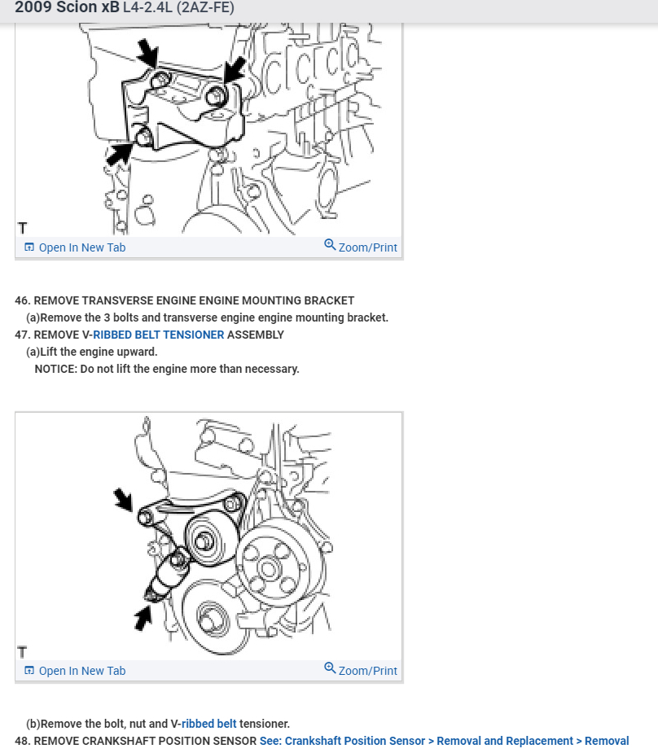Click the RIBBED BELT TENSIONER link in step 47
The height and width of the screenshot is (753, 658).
point(159,335)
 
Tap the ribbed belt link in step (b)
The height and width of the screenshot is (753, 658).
point(209,724)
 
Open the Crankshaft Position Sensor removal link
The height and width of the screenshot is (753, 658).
point(445,741)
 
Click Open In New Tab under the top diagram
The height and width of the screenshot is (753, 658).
point(75,247)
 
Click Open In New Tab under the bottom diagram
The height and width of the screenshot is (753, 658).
point(75,671)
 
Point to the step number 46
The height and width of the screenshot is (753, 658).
point(23,300)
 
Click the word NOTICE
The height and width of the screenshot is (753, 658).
point(55,369)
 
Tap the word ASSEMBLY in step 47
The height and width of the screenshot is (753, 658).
point(256,335)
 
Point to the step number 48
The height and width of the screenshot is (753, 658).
point(23,741)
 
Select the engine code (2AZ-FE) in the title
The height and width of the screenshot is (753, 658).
point(205,7)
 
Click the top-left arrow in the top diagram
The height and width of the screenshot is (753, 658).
point(148,53)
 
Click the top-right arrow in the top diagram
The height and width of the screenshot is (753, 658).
point(235,70)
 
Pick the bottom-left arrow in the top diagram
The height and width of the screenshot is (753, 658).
point(119,154)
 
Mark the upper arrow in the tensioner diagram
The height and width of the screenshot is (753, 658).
point(124,500)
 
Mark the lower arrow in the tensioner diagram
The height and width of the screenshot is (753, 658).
point(143,618)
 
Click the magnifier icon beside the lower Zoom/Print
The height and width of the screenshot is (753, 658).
point(330,668)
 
